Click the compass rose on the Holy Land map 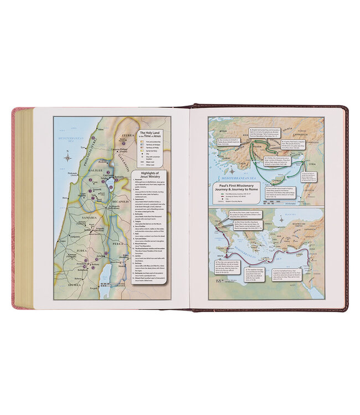68,157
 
